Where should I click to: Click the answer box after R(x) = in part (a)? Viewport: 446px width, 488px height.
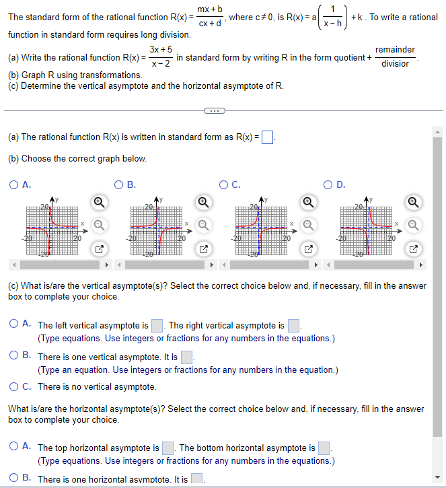click(267, 137)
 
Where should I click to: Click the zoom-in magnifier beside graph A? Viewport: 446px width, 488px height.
click(98, 201)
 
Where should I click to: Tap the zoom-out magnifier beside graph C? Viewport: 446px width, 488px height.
click(308, 224)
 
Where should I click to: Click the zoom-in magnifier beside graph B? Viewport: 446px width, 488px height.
click(203, 201)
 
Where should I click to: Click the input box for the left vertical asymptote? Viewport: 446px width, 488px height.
click(157, 326)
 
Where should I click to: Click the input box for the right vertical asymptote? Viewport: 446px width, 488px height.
click(293, 326)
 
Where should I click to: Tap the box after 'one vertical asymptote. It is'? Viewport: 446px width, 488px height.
click(187, 357)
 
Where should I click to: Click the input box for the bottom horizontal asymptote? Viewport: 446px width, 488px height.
click(324, 448)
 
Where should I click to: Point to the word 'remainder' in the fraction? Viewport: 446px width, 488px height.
click(395, 50)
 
